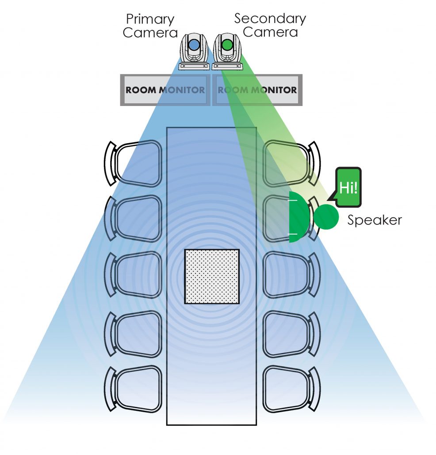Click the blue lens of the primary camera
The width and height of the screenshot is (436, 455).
pyautogui.click(x=194, y=45)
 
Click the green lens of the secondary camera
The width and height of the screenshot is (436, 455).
pyautogui.click(x=227, y=45)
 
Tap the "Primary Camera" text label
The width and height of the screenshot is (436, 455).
pyautogui.click(x=150, y=26)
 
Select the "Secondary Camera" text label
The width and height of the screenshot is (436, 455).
pyautogui.click(x=270, y=25)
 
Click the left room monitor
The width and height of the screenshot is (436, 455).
pyautogui.click(x=165, y=90)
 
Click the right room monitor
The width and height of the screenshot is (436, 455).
pyautogui.click(x=257, y=90)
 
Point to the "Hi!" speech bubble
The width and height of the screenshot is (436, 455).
pyautogui.click(x=348, y=187)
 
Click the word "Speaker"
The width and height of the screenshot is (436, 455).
pyautogui.click(x=374, y=220)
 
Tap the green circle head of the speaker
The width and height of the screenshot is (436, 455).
pyautogui.click(x=326, y=217)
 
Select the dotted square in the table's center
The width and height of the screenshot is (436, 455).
pyautogui.click(x=212, y=276)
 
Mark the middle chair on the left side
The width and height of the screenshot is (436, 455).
pyautogui.click(x=135, y=274)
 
